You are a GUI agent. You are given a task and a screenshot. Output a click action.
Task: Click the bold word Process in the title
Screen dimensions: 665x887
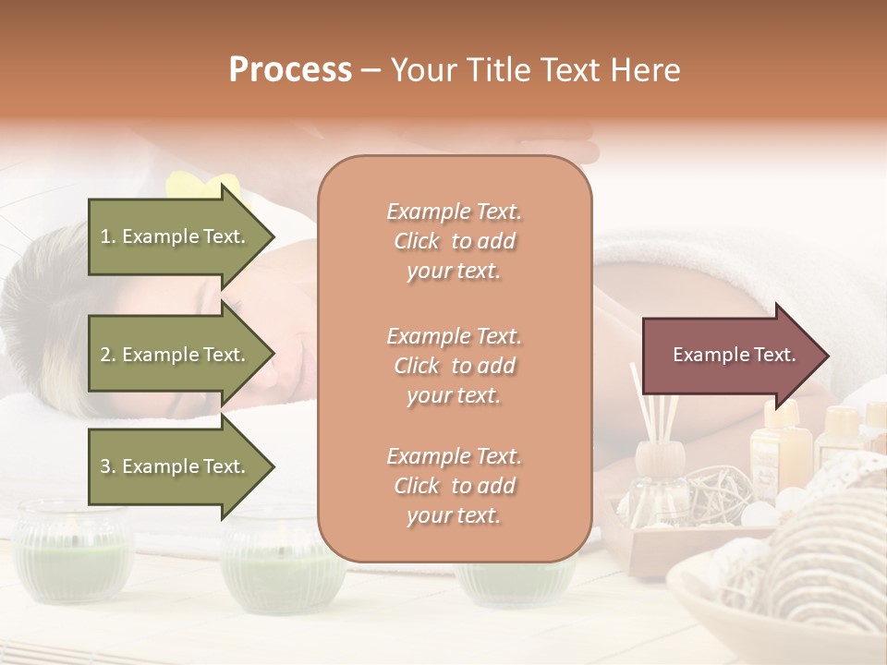[x=290, y=70]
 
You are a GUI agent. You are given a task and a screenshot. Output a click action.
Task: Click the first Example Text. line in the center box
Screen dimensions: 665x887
[x=454, y=212]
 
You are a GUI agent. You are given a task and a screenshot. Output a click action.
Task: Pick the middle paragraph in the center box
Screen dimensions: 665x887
[x=454, y=366]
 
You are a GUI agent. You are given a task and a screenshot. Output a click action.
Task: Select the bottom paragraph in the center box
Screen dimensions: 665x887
[x=454, y=486]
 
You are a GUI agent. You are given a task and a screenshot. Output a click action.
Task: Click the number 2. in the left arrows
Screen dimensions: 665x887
[x=108, y=355]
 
